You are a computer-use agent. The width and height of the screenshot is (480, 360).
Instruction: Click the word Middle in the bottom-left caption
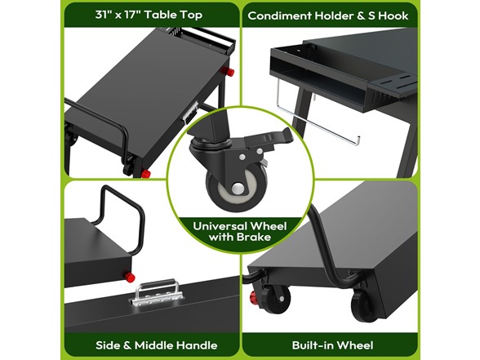point(155,344)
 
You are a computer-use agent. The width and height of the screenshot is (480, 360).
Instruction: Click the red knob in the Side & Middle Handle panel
point(128,276)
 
